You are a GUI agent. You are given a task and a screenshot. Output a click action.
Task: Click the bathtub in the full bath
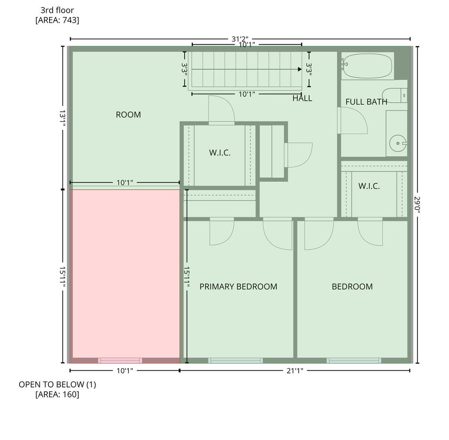pyautogui.click(x=368, y=66)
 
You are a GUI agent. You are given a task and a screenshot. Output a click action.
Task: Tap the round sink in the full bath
pyautogui.click(x=398, y=143)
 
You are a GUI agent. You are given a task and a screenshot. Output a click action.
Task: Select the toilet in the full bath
pyautogui.click(x=395, y=96)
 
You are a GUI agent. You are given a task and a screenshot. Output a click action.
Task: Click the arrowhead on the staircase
pyautogui.click(x=299, y=69)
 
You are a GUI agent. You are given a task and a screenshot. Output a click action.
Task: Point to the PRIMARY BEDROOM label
pyautogui.click(x=238, y=287)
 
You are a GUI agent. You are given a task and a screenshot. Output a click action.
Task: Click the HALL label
pyautogui.click(x=302, y=99)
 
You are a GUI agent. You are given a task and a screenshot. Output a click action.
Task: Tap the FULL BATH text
pyautogui.click(x=366, y=102)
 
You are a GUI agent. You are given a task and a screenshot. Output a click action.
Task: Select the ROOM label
pyautogui.click(x=128, y=114)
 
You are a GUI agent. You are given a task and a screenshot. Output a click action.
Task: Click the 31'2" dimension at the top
pyautogui.click(x=240, y=39)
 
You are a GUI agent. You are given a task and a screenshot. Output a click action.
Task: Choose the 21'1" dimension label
pyautogui.click(x=295, y=371)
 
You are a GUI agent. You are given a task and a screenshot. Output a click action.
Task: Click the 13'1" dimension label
pyautogui.click(x=63, y=118)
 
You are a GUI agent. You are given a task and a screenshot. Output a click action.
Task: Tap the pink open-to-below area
pyautogui.click(x=125, y=273)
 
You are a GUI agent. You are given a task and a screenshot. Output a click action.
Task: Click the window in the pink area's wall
pyautogui.click(x=120, y=360)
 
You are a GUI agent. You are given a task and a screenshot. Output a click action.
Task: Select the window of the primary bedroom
pyautogui.click(x=235, y=360)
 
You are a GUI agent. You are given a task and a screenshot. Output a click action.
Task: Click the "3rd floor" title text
pyautogui.click(x=57, y=11)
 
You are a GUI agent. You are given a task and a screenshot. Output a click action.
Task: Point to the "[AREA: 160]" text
pyautogui.click(x=57, y=394)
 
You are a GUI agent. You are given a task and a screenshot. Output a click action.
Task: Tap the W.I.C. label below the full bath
pyautogui.click(x=369, y=186)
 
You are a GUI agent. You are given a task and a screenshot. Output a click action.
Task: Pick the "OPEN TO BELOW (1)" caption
pyautogui.click(x=57, y=384)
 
